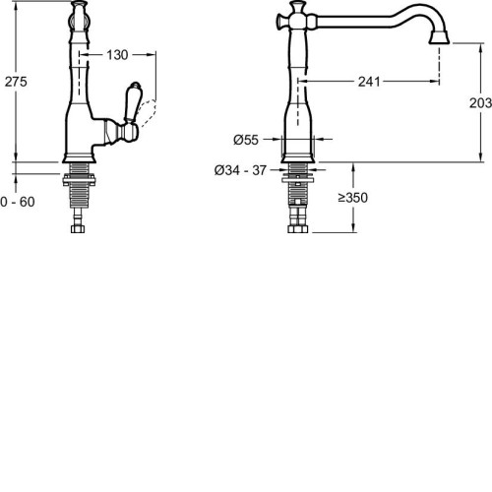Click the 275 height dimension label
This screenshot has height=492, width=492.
(x=16, y=82)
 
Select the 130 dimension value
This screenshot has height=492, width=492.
(x=117, y=55)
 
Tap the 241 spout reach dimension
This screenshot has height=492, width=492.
(x=369, y=82)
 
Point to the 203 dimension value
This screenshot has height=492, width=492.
(x=480, y=103)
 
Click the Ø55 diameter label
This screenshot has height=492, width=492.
(x=246, y=140)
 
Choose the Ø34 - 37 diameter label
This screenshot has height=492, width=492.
(x=240, y=170)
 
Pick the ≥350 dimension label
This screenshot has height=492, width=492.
(x=353, y=198)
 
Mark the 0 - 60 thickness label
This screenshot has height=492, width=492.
(x=18, y=202)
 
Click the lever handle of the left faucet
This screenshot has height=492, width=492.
(x=132, y=101)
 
